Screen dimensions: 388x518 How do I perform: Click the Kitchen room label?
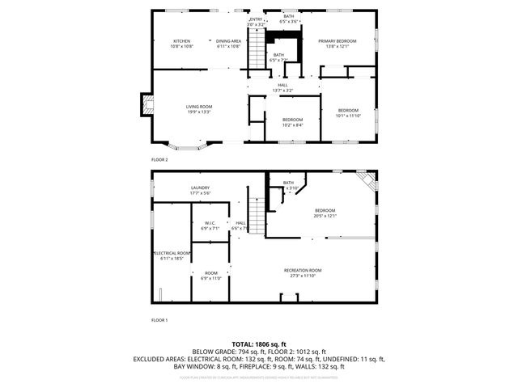click(x=181, y=41)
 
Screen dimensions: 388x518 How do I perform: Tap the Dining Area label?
click(x=229, y=41)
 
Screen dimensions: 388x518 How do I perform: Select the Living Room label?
click(x=198, y=107)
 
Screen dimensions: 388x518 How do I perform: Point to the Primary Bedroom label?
click(x=338, y=41)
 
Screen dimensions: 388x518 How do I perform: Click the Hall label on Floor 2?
click(x=282, y=85)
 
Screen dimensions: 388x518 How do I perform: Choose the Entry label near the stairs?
click(x=256, y=19)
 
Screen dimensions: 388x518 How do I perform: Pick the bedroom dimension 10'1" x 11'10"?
click(x=348, y=116)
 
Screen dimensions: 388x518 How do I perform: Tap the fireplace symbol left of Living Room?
click(x=146, y=103)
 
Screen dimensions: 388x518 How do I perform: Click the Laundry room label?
click(x=200, y=188)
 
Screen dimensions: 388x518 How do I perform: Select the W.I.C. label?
click(x=209, y=223)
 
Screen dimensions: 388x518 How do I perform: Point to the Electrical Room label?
click(x=172, y=253)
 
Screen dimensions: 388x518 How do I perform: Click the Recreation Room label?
click(x=303, y=270)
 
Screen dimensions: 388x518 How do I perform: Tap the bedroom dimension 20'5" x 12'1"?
click(x=325, y=216)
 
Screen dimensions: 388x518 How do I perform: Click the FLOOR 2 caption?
click(x=159, y=160)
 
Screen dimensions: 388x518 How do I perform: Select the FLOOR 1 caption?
click(x=159, y=320)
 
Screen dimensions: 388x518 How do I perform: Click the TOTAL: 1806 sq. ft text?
click(x=259, y=344)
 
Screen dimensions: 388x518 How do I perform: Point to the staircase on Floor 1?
click(x=256, y=217)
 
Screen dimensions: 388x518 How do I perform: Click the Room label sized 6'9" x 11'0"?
click(x=210, y=273)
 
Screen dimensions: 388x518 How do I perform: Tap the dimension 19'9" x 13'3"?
click(x=198, y=112)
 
